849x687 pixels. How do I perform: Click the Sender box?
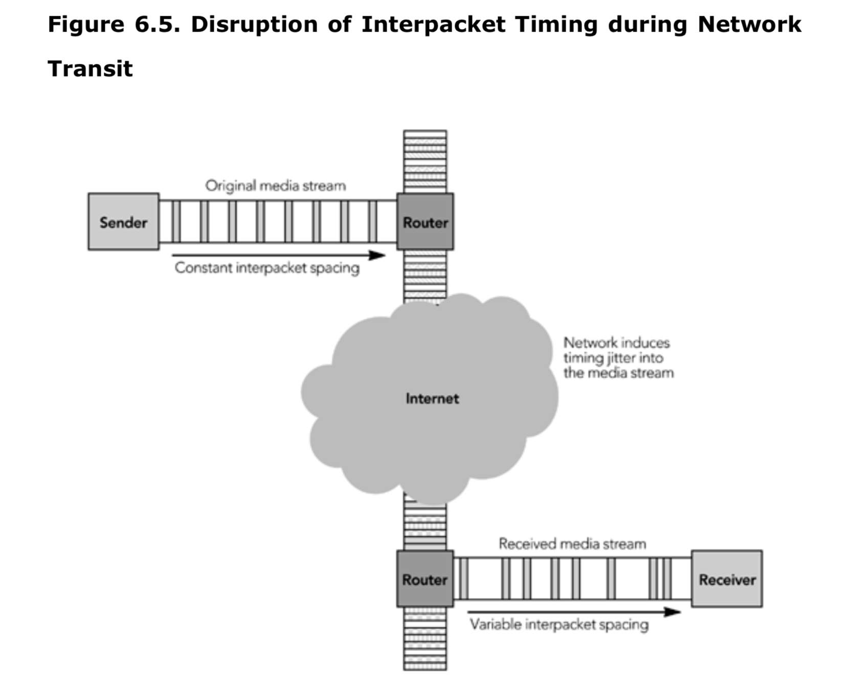(123, 222)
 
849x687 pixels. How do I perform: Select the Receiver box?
(727, 579)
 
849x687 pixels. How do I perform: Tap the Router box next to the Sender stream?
(425, 222)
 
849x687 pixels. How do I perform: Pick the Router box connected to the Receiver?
(424, 579)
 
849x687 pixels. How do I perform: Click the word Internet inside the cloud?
(432, 399)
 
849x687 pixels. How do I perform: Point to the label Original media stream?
(275, 186)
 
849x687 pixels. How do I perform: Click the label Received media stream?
(572, 543)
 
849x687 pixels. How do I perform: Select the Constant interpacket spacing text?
(267, 268)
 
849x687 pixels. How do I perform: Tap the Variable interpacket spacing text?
(559, 624)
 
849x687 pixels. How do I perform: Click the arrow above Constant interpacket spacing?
(279, 255)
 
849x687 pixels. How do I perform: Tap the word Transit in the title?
(90, 68)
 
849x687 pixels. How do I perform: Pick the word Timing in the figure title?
(556, 24)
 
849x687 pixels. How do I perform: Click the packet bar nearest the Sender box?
(176, 222)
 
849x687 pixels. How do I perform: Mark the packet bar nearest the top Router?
(372, 222)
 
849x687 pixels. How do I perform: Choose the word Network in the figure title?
(749, 24)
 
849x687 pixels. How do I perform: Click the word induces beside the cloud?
(645, 342)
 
